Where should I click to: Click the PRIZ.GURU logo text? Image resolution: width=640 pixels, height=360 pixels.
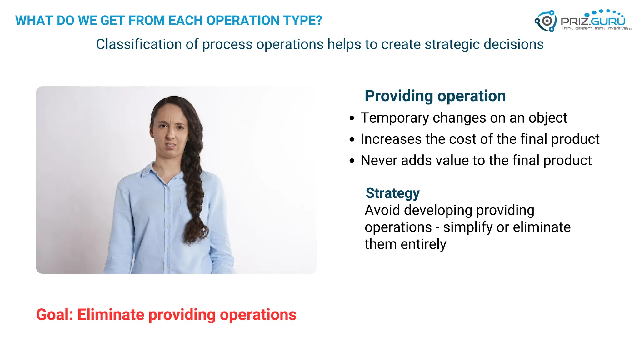coord(593,21)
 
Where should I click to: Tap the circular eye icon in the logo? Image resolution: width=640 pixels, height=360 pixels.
coord(547,21)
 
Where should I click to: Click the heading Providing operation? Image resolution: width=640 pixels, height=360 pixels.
coord(435,96)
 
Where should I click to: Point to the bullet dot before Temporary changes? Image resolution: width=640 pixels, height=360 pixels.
coord(352,118)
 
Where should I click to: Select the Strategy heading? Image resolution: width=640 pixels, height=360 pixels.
coord(392,193)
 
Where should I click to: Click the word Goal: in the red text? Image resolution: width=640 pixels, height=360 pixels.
coord(54,315)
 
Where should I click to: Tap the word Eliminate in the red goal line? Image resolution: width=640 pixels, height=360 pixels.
coord(110,315)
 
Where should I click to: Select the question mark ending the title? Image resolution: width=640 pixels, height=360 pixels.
coord(318,21)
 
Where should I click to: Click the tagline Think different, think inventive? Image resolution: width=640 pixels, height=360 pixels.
coord(596,28)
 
